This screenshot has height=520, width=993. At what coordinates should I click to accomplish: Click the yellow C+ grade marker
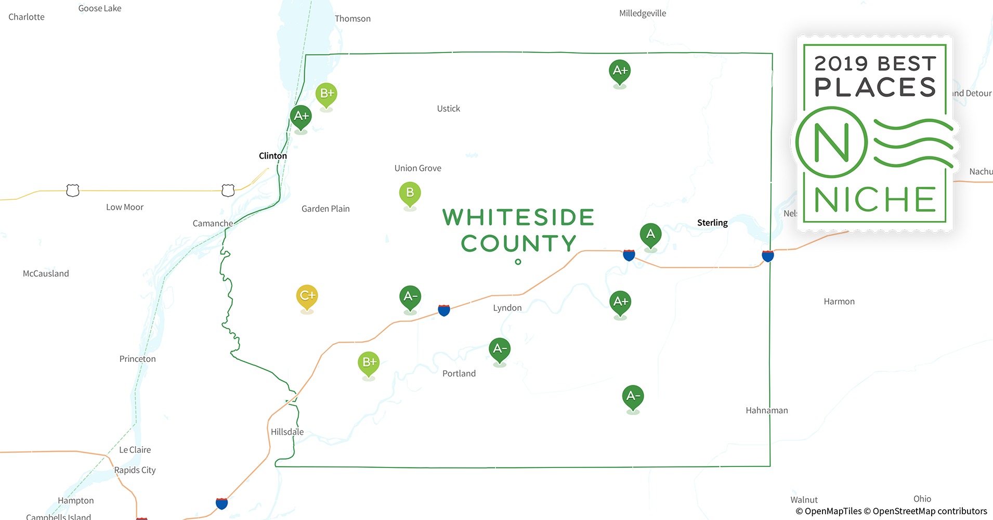point(307,296)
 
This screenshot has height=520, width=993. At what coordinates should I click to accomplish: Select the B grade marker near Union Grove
point(410,193)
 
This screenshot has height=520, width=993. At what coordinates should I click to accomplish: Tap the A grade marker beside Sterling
point(650,235)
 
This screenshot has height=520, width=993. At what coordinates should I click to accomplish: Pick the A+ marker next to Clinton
point(301,116)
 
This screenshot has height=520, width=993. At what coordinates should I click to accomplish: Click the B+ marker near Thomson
point(326,94)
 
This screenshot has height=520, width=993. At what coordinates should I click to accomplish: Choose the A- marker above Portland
point(500,349)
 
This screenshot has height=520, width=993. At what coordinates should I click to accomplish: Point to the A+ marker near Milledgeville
point(620,71)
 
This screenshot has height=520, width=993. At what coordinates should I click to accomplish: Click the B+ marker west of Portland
point(369,362)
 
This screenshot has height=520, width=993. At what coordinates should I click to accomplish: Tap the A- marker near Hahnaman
point(633,396)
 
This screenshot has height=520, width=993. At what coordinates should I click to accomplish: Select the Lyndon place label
point(507,308)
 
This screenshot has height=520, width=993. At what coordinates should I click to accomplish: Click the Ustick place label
point(448,109)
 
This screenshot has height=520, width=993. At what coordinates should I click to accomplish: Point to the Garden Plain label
point(325,209)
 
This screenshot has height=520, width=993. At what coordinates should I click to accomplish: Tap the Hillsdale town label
point(287,432)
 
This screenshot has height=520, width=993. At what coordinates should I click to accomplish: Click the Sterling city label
point(712,223)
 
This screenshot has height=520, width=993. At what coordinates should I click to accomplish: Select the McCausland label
point(46,274)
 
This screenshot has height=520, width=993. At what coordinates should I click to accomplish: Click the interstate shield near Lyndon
point(444,310)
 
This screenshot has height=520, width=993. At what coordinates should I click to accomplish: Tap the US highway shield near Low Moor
point(73,190)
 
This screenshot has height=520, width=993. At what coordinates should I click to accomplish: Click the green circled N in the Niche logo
point(831,142)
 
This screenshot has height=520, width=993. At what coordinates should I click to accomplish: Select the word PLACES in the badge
point(875,87)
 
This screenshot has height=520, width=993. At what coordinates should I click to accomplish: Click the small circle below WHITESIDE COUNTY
point(518,262)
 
